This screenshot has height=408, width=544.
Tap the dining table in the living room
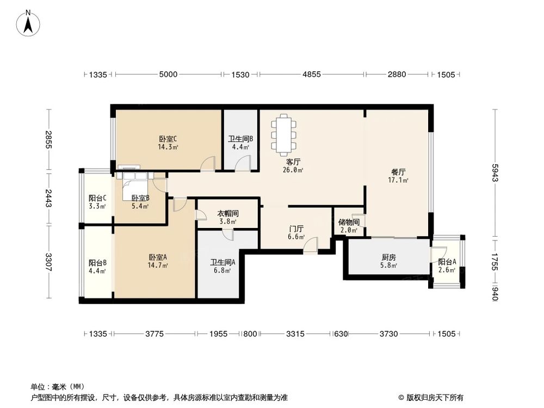pyautogui.click(x=285, y=134)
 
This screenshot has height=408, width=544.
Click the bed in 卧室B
pyautogui.click(x=134, y=183)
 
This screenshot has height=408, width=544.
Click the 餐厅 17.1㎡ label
pyautogui.click(x=398, y=176)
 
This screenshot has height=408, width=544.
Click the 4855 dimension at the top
pyautogui.click(x=312, y=75)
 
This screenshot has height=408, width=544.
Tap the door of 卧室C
pyautogui.click(x=209, y=163)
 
